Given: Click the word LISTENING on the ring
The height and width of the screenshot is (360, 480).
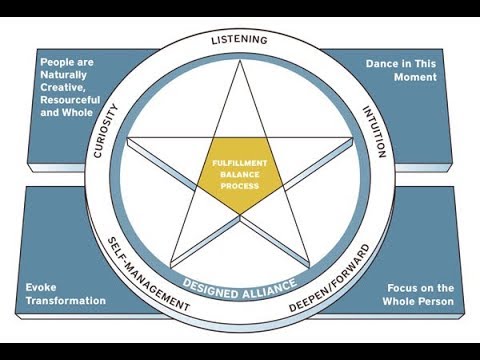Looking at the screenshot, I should point(239,40).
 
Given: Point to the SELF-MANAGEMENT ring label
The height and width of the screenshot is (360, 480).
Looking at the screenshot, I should point(148,275).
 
